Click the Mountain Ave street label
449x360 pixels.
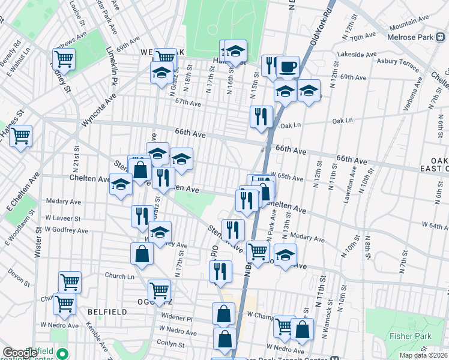(x=409, y=19)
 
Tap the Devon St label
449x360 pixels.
(x=19, y=280)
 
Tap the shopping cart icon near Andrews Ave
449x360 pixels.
(x=63, y=59)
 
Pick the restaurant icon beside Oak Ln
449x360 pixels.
(x=261, y=116)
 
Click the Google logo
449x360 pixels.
(x=19, y=353)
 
